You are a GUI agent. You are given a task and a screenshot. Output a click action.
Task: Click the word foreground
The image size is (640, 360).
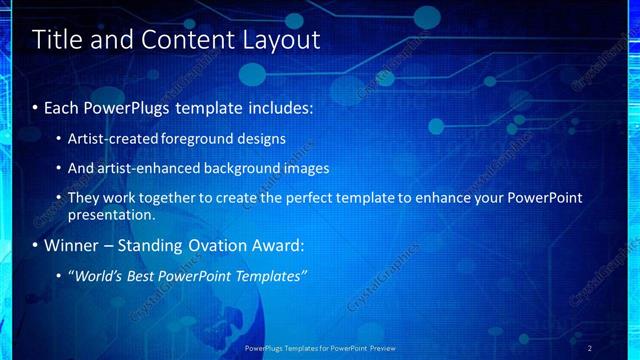219,138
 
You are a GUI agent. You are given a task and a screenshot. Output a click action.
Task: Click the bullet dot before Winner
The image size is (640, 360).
36,246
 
